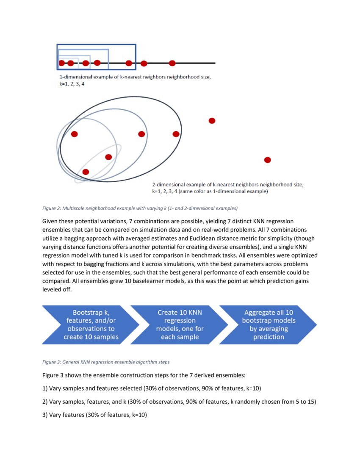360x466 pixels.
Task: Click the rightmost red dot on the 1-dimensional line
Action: pyautogui.click(x=172, y=63)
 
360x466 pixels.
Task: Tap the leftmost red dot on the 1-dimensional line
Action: pyautogui.click(x=61, y=63)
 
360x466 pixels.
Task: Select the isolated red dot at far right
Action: pyautogui.click(x=267, y=160)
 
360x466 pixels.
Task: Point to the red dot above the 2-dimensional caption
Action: pyautogui.click(x=212, y=121)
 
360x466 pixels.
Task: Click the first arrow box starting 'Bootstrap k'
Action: pyautogui.click(x=89, y=324)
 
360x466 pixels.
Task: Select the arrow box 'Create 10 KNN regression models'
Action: pyautogui.click(x=180, y=324)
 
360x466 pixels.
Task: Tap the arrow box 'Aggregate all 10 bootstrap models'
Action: pyautogui.click(x=269, y=324)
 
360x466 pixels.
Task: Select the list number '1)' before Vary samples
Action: pyautogui.click(x=45, y=388)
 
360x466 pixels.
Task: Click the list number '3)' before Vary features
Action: pyautogui.click(x=45, y=415)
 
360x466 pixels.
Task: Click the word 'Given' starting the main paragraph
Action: pyautogui.click(x=50, y=222)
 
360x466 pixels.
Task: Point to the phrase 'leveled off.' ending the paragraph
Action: pyautogui.click(x=57, y=289)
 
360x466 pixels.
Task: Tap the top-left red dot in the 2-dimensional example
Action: pyautogui.click(x=75, y=134)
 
